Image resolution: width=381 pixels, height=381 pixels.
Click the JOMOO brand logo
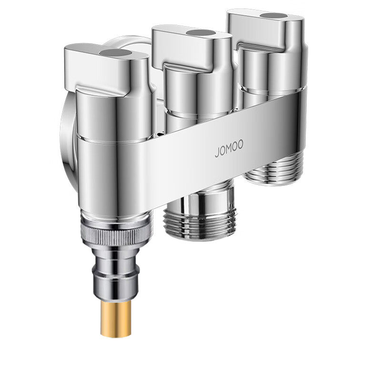(229, 149)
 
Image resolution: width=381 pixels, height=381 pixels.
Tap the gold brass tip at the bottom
(116, 318)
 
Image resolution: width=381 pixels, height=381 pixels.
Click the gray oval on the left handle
(115, 53)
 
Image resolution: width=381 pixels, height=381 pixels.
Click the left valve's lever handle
(107, 70)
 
